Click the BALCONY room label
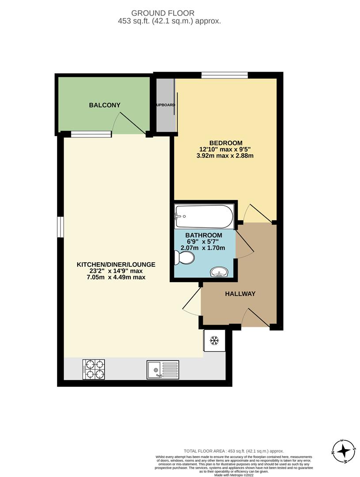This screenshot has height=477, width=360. (105, 105)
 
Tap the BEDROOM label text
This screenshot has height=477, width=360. (226, 143)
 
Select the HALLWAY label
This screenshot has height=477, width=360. (240, 294)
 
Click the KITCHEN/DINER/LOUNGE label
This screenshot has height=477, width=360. (116, 265)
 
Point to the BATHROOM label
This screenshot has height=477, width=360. (204, 235)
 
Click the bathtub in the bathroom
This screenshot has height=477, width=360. (204, 216)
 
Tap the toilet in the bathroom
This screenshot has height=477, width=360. (184, 257)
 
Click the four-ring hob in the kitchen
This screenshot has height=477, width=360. (94, 369)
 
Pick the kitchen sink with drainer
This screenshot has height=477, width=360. (163, 369)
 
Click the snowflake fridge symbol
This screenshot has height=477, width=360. (214, 341)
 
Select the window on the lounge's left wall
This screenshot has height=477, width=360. (61, 227)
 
